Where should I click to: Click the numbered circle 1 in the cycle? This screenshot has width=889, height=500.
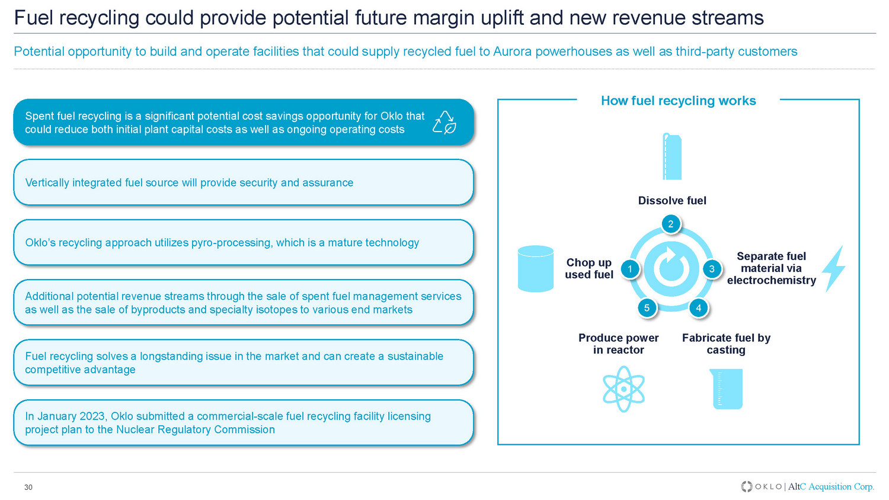630,269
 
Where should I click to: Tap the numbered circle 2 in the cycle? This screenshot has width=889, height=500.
671,224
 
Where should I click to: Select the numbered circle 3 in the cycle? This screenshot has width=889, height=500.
712,269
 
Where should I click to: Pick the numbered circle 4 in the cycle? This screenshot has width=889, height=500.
699,308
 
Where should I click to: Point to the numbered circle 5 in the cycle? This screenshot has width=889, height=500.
647,308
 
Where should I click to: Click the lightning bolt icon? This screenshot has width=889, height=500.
834,269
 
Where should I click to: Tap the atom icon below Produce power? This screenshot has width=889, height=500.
623,389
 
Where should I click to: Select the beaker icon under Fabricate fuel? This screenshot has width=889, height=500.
726,389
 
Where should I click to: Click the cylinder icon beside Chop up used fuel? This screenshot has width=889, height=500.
536,269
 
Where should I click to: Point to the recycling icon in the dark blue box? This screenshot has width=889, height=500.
444,122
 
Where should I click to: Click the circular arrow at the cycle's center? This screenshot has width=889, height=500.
671,268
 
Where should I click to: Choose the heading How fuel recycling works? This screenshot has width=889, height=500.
678,101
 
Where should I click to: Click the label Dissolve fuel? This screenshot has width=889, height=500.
672,201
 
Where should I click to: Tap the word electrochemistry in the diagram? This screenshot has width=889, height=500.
772,280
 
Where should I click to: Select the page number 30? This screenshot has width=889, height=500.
28,488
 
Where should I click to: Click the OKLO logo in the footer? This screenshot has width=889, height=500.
762,486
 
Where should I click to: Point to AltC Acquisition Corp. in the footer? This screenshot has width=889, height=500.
831,486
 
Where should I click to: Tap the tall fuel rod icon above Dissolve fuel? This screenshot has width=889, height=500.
672,156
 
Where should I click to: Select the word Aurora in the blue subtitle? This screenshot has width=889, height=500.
513,52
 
